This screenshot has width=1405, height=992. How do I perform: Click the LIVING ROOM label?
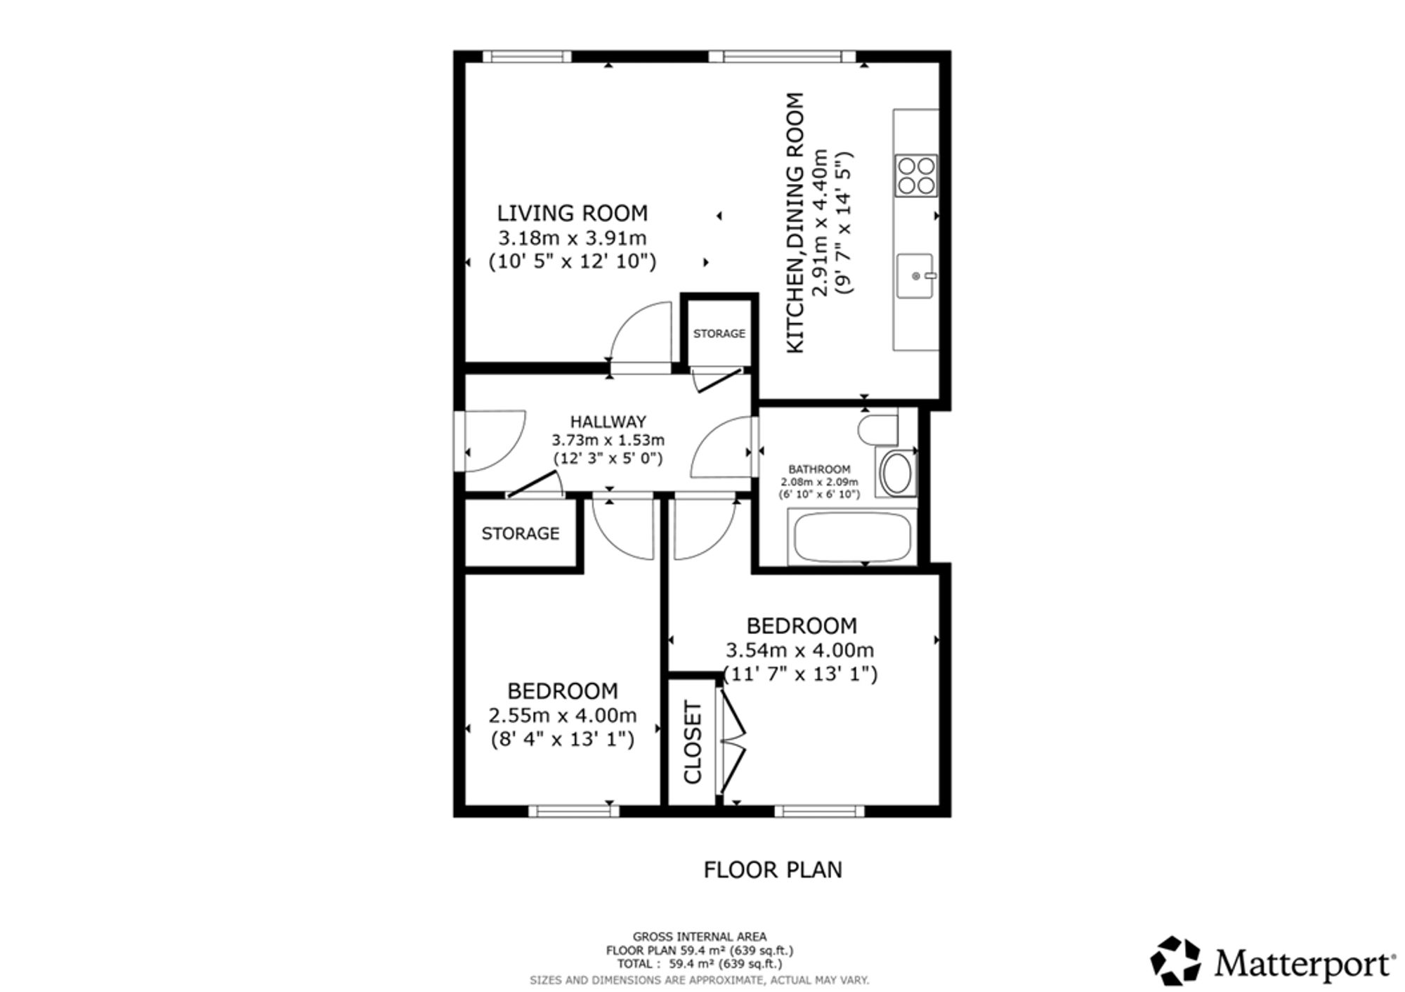573,213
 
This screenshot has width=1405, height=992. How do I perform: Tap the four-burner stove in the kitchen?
916,175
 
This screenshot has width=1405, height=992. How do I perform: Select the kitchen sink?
915,276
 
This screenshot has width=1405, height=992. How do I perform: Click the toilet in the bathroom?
879,429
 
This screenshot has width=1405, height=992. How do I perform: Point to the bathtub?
852,537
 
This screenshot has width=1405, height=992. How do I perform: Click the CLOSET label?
693,742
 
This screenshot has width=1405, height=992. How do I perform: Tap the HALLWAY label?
608,422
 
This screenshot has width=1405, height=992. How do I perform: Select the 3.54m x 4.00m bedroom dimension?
799,651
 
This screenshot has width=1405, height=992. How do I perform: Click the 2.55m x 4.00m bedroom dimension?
563,716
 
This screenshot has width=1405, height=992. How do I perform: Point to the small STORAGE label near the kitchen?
719,334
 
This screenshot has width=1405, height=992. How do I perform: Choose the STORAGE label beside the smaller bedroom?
521,534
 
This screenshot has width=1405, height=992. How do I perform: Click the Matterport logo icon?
1175,960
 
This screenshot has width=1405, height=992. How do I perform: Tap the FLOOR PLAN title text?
773,870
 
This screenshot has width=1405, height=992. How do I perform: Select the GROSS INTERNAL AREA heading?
700,936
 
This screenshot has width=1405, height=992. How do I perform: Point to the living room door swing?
641,332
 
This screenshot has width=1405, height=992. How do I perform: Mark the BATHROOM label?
819,469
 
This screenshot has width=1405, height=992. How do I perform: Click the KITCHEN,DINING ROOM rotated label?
795,223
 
